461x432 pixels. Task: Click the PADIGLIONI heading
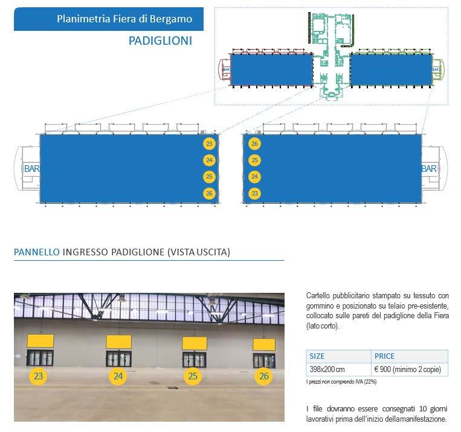click(x=160, y=41)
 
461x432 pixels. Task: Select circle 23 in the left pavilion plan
click(x=209, y=144)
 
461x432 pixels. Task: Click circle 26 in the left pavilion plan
click(x=209, y=193)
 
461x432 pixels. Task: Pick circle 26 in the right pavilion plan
click(x=254, y=144)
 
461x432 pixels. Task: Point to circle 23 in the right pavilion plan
click(x=254, y=193)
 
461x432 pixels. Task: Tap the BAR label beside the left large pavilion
click(x=31, y=169)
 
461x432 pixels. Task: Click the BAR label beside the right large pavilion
click(x=428, y=169)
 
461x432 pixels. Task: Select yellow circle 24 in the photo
click(x=118, y=376)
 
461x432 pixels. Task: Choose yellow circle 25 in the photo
click(x=193, y=376)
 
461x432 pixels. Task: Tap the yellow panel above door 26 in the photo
click(x=263, y=344)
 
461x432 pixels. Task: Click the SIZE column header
click(x=317, y=356)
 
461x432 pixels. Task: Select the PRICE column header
click(x=385, y=356)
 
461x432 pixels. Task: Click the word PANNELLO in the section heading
click(x=36, y=252)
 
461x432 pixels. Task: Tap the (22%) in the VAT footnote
click(x=367, y=382)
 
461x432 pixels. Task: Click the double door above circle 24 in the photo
click(x=118, y=358)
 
